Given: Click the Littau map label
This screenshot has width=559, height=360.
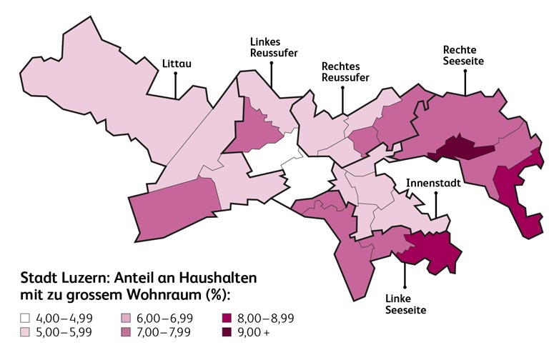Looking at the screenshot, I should pos(177,64).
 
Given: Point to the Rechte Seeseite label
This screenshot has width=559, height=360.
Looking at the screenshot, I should pos(464,56).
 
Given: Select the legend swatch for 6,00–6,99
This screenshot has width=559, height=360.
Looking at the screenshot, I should pos(124,318).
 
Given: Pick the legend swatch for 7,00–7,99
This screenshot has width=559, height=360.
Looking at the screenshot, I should pos(124,332).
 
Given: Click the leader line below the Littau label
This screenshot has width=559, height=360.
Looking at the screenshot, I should pos(176,84).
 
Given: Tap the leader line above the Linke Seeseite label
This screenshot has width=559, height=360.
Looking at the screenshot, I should pos(405,275).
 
